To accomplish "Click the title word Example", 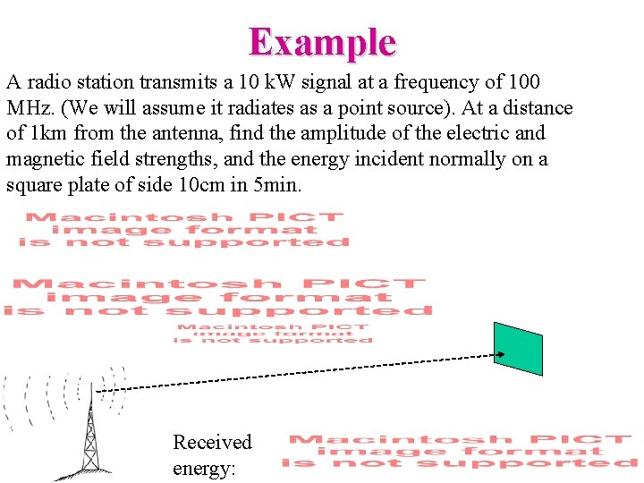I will [322, 42].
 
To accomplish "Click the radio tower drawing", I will [89, 438].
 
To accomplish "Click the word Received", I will [212, 442].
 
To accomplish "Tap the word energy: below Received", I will [204, 468].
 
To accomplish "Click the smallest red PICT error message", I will [273, 333].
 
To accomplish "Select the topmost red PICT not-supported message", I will [184, 229].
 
